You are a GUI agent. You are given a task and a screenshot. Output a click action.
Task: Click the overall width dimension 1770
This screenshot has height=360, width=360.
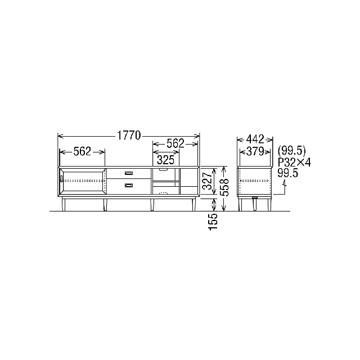(x=129, y=136)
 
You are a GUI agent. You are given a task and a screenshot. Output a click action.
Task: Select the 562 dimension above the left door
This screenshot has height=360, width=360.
(x=83, y=151)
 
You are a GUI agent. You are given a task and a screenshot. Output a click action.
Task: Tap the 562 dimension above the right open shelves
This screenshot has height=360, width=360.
(x=175, y=143)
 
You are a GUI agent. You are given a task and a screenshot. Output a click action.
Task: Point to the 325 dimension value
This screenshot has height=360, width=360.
(x=165, y=160)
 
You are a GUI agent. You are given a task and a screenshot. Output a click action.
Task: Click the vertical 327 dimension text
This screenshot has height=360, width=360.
(x=208, y=181)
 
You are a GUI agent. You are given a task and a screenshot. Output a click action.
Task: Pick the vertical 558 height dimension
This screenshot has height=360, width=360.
(x=224, y=187)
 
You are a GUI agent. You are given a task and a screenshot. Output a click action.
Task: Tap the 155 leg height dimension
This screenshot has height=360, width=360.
(x=213, y=222)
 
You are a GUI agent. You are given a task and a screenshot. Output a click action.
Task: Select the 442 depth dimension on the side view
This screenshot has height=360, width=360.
(x=255, y=139)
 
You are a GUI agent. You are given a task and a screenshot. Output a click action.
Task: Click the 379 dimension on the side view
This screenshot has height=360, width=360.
(x=255, y=151)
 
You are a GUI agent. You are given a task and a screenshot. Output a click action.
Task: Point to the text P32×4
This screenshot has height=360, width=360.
(x=294, y=163)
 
